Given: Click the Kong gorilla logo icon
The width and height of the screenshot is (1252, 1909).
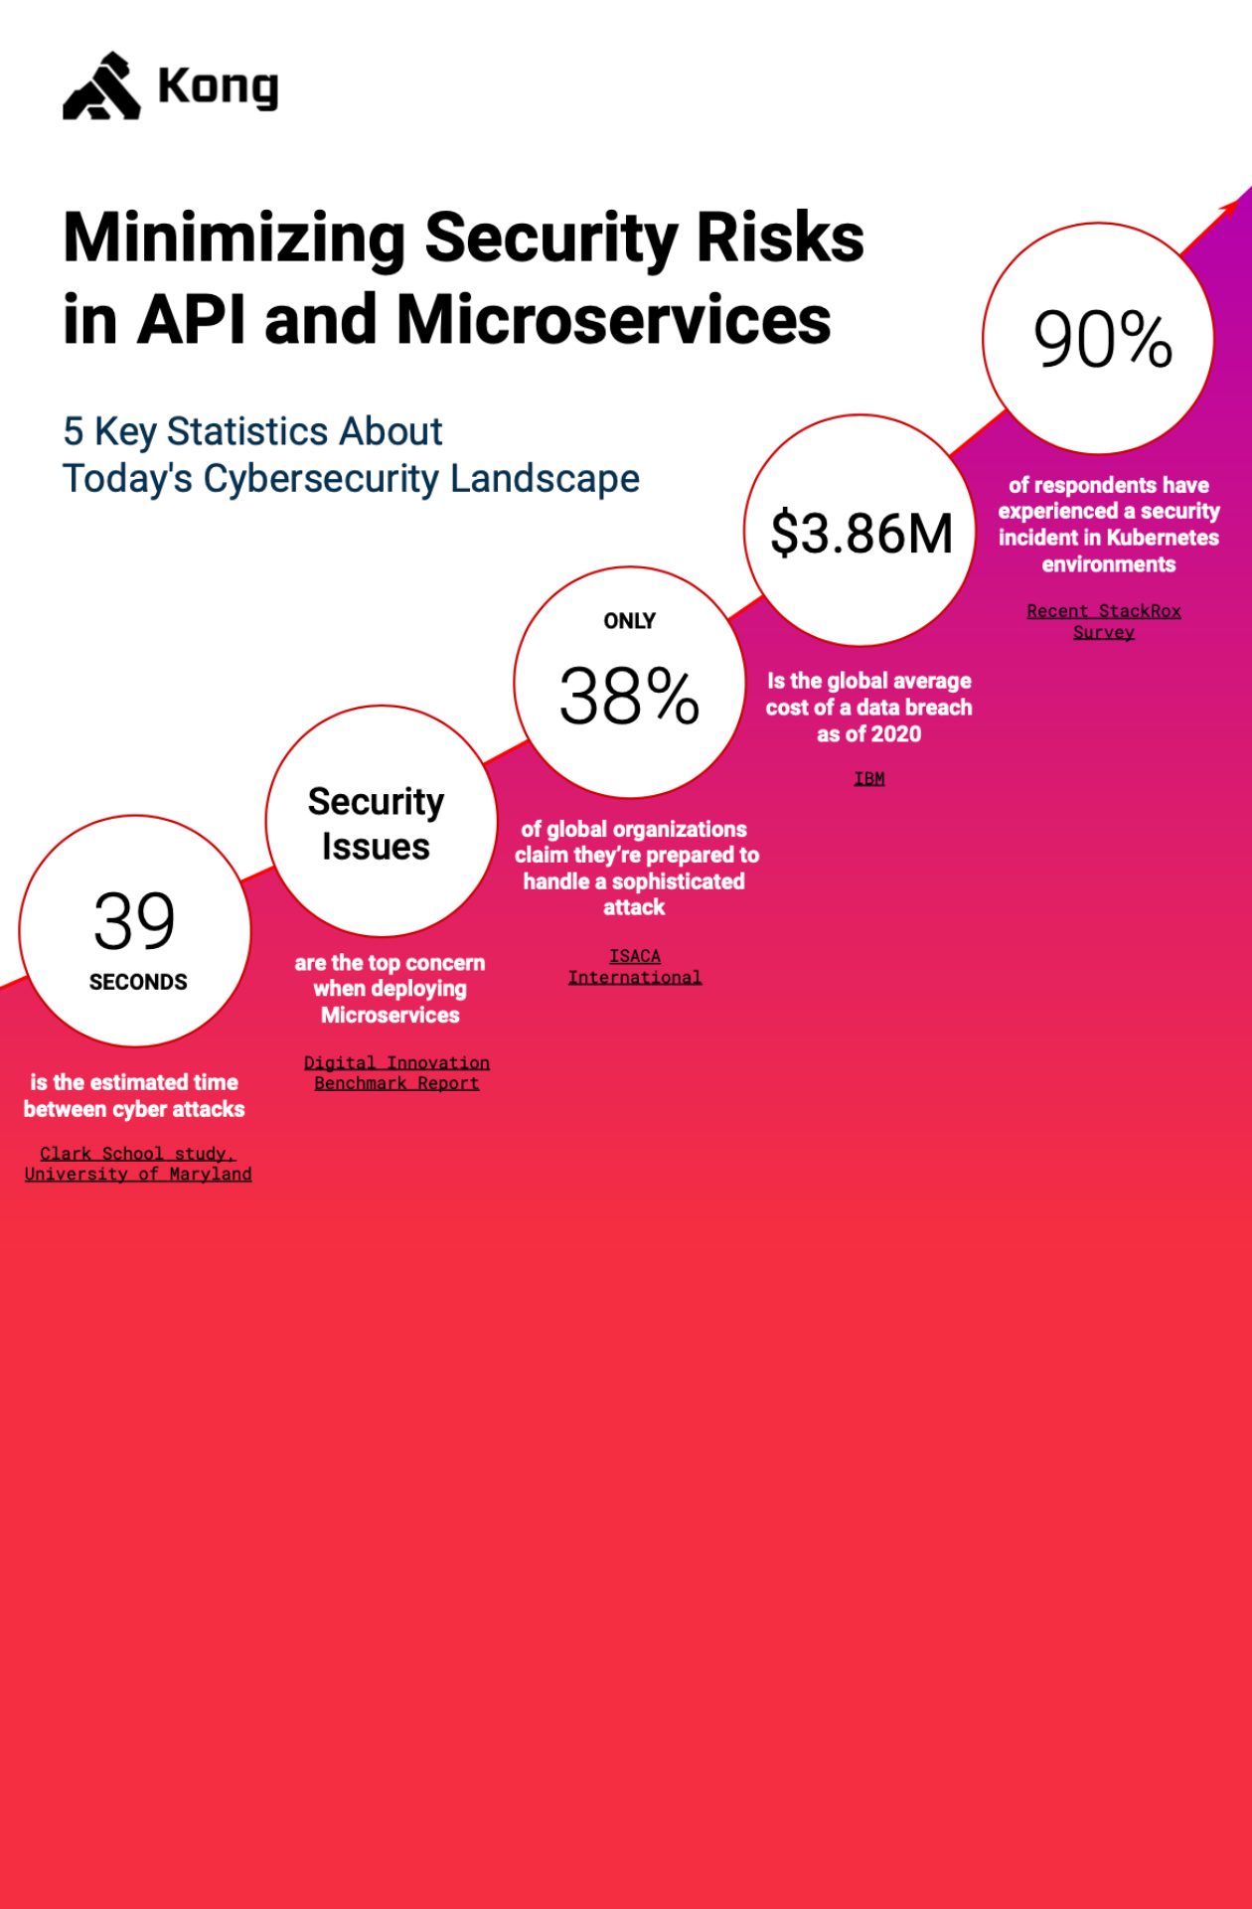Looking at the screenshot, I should coord(101,87).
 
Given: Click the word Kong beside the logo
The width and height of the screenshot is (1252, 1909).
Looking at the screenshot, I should coord(218,87).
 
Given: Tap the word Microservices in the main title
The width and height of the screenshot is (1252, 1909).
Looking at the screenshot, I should coord(613,320).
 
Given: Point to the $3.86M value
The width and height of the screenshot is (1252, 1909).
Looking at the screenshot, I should coord(861,533).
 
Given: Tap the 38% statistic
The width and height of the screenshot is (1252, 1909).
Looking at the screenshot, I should coord(629,696).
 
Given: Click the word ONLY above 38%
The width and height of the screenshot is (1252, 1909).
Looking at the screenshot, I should coord(629,621).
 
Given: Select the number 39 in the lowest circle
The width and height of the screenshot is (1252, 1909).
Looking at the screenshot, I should coord(134,921).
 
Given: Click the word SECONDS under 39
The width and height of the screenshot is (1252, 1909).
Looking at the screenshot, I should coord(138,982).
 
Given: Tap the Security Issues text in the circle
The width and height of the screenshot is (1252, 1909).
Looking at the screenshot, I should coord(376,824).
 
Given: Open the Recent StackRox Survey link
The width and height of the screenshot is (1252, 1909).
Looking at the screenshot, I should coord(1103,621).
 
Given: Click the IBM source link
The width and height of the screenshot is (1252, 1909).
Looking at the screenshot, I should coord(868,778).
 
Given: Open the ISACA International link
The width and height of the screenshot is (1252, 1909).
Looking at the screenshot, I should coord(634,966).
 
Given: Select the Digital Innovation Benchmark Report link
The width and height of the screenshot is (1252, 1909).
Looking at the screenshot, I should coord(396,1073).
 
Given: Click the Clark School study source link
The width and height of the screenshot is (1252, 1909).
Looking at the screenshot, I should coord(137,1163).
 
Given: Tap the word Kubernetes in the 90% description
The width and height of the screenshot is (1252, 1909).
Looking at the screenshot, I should coord(1163,538).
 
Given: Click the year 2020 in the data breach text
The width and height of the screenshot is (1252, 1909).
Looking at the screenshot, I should coord(896,734).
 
